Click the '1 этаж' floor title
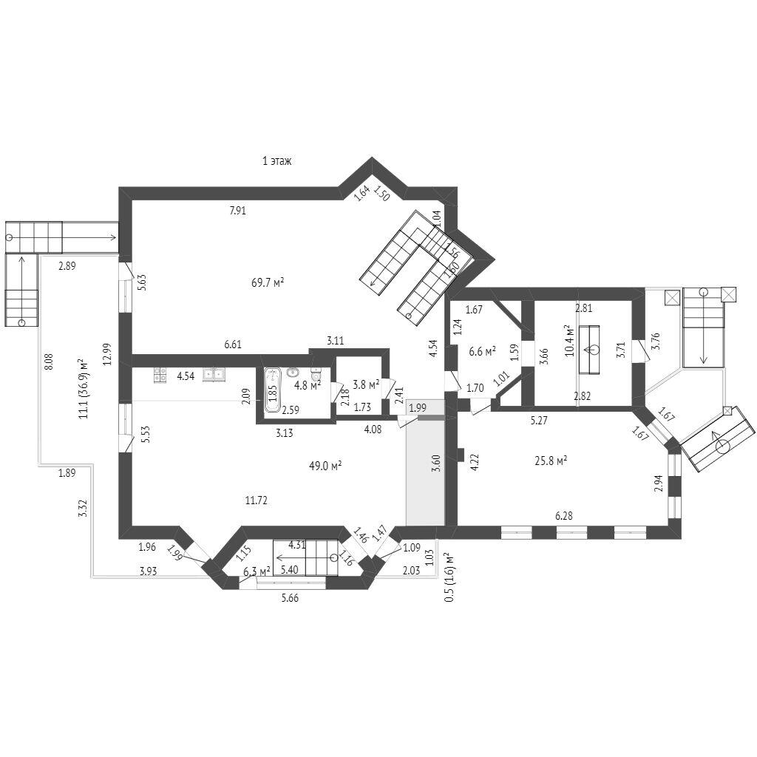click(x=276, y=160)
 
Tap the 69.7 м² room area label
click(x=268, y=282)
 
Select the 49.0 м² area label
click(x=325, y=466)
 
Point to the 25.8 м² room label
click(x=551, y=461)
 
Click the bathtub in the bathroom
click(x=273, y=390)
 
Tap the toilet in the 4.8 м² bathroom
click(x=316, y=375)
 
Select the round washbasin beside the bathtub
click(x=292, y=373)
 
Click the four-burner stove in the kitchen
click(x=160, y=375)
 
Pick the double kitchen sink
click(x=213, y=374)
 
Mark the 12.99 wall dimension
click(x=107, y=354)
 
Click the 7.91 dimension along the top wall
click(x=238, y=211)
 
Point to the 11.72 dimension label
click(x=257, y=500)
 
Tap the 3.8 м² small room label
click(x=365, y=384)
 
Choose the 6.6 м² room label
click(x=482, y=351)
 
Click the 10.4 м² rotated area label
click(x=570, y=340)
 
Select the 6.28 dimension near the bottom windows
click(x=564, y=516)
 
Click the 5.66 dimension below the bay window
click(x=290, y=597)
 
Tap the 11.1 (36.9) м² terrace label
click(x=83, y=389)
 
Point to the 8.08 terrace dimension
click(x=48, y=362)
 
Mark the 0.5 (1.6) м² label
click(x=449, y=577)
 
